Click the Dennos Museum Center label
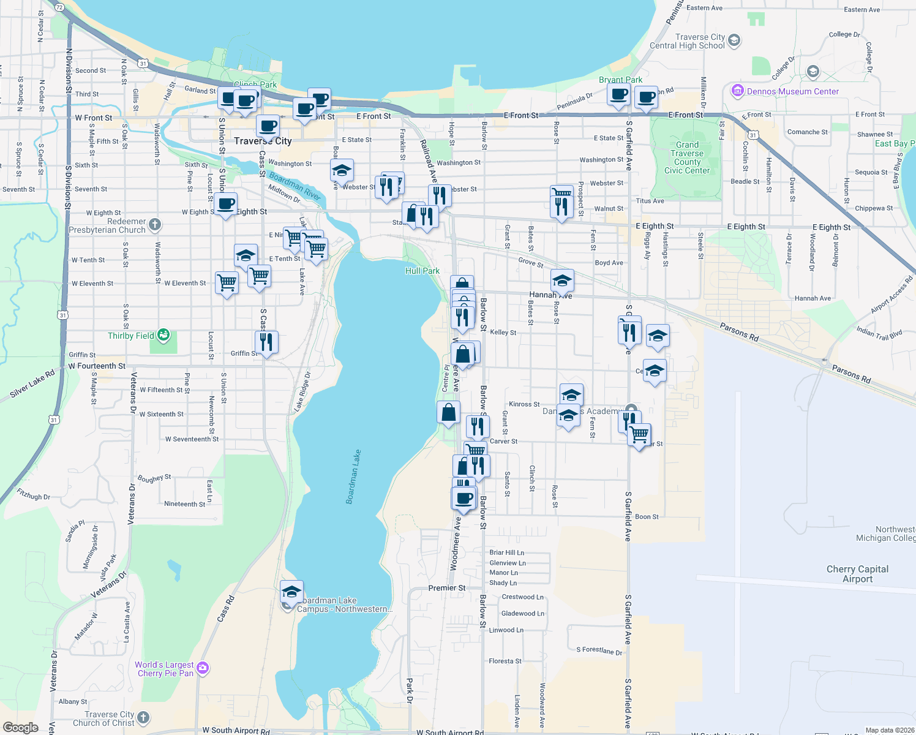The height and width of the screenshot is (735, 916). coord(792,91)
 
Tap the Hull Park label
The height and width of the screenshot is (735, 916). coord(422,271)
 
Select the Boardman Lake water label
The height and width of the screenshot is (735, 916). coord(353,477)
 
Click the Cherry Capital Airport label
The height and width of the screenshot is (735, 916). coord(857,574)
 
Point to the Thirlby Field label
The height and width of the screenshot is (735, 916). coord(130,336)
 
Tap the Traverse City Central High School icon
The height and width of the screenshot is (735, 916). coord(734,41)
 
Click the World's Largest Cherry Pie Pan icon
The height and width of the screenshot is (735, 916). coord(203,668)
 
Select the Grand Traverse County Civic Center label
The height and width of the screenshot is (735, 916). coord(686,158)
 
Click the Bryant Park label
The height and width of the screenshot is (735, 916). coord(620,80)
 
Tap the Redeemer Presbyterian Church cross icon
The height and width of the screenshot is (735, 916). coord(155,225)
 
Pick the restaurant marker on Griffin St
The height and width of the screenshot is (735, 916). coord(266,342)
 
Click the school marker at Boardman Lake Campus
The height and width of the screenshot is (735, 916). coord(292,592)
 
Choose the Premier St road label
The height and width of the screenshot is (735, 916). coord(446,588)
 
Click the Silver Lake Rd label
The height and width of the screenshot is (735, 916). coord(32,384)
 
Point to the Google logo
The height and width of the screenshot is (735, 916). coord(20,727)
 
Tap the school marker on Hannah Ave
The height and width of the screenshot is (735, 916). coord(562,281)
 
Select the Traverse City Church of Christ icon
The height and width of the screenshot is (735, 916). coord(143,717)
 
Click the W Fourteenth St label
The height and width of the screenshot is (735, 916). coord(97,366)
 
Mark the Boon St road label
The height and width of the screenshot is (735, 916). coord(647,517)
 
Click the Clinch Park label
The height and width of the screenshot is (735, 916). coord(255,85)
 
